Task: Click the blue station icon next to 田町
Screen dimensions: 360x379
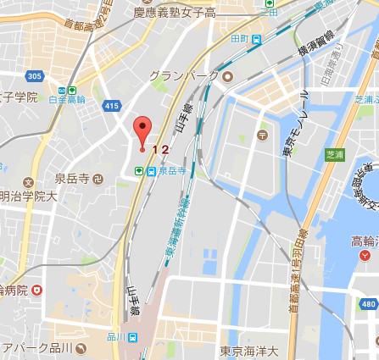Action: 257,38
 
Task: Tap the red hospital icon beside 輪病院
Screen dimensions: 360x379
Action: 36,290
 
